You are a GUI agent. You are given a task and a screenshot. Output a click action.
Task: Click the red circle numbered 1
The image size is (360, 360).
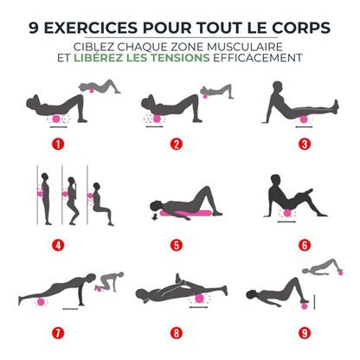[59, 144]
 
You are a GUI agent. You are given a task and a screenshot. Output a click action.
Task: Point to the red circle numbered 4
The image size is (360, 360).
[59, 244]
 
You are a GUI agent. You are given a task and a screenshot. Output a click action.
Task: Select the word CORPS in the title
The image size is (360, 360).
[301, 28]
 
